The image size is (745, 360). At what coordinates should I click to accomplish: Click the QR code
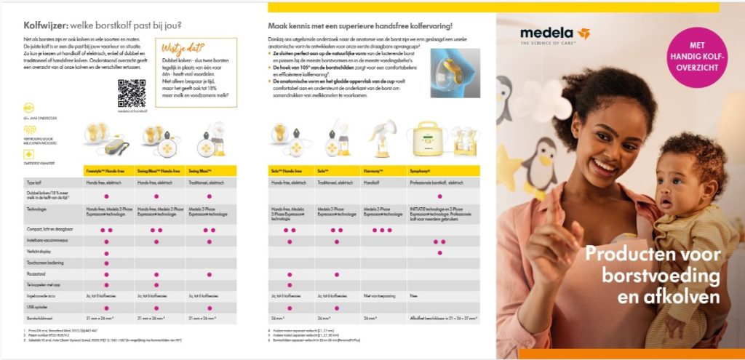click(132, 93)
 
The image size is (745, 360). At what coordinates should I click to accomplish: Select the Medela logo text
click(546, 33)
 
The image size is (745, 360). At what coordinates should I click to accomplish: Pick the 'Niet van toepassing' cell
click(381, 297)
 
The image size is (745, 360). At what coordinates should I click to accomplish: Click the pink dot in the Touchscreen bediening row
click(107, 263)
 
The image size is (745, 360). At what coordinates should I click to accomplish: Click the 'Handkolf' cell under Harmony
click(374, 183)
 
